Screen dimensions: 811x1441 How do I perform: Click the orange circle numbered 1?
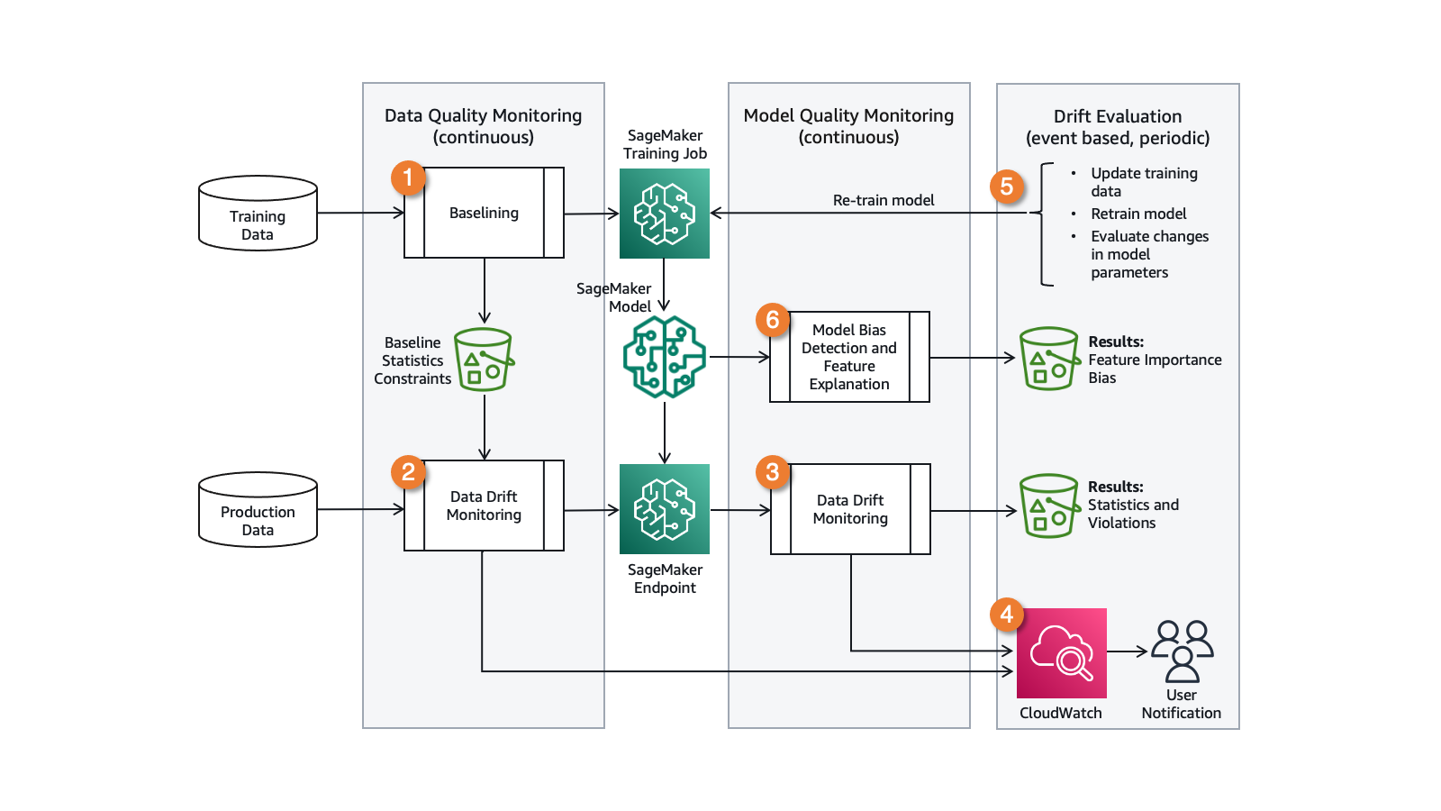point(408,178)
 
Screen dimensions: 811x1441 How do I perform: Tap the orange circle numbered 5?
point(1007,187)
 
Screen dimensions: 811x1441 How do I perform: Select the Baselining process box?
point(485,213)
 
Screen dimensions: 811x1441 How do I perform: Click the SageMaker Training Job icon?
point(665,214)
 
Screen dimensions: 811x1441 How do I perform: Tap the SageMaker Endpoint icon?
point(665,509)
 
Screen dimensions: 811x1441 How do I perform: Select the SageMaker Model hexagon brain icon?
point(665,357)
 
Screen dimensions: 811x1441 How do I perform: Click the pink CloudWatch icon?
point(1061,653)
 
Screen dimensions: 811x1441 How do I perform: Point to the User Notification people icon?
point(1182,651)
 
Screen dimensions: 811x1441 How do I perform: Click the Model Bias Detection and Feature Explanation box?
point(849,357)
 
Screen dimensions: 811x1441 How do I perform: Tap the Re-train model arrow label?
point(884,200)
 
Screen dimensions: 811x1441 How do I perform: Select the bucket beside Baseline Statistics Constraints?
point(484,360)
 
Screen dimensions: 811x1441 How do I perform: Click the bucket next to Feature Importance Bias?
point(1049,359)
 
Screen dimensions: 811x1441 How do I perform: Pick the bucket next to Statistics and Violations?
point(1049,506)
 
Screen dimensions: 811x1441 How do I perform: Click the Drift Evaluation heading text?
point(1118,127)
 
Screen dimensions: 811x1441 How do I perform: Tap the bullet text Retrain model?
point(1138,214)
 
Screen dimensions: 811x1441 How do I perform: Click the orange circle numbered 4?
point(1007,615)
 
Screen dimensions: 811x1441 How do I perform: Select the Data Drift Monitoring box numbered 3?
point(850,509)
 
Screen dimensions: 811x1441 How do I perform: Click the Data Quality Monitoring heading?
point(484,126)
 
